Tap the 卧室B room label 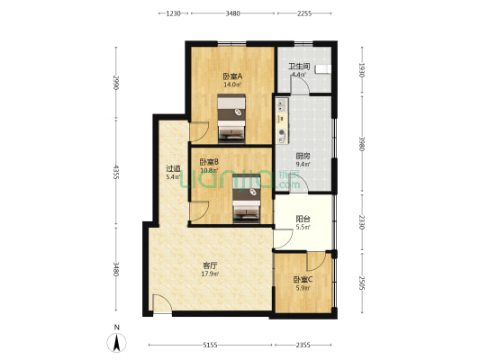(210, 162)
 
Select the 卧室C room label (302, 279)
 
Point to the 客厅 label (209, 265)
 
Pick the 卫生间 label (299, 67)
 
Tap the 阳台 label (303, 218)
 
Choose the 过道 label (173, 168)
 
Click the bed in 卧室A (234, 121)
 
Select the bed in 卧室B (248, 204)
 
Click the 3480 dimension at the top (232, 13)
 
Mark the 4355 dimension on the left (116, 173)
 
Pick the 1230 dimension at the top (174, 13)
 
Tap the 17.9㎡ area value (209, 274)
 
